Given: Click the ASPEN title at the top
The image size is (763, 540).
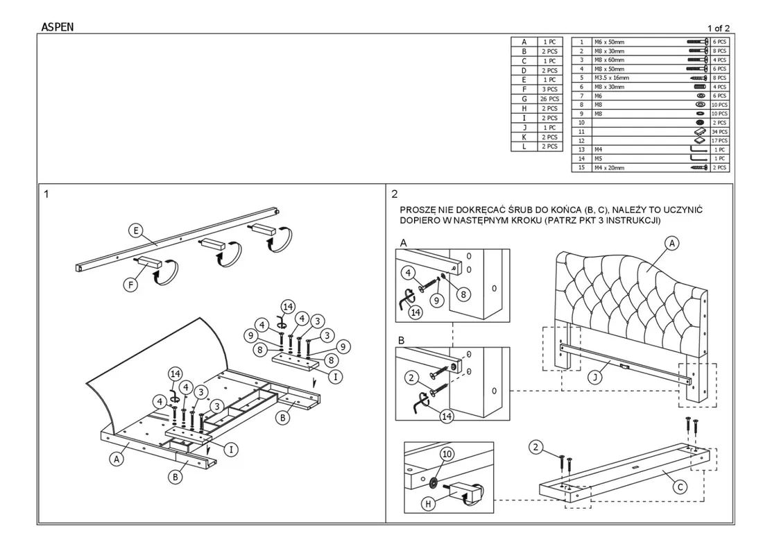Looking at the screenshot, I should [x=58, y=28].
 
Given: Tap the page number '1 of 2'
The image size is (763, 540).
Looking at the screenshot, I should [x=718, y=28].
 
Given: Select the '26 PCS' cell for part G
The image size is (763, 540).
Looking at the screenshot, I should [x=549, y=99].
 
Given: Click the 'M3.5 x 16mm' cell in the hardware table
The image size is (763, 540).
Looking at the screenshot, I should [x=611, y=78].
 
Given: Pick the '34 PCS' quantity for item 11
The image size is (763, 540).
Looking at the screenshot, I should [x=720, y=131].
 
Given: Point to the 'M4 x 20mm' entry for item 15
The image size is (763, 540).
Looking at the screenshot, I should [x=609, y=167].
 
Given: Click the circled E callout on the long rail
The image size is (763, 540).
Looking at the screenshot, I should [x=136, y=230].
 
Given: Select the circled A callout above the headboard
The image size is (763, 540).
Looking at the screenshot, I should [x=671, y=243].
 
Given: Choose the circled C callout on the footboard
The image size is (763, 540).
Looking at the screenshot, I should [x=680, y=487].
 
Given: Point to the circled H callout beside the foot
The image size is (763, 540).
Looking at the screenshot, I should [x=429, y=504].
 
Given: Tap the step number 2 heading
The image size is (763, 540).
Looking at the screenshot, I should [x=395, y=194].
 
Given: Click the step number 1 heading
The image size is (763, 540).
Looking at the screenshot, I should [x=46, y=194].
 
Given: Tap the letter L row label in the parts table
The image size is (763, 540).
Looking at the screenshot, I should [x=524, y=146].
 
